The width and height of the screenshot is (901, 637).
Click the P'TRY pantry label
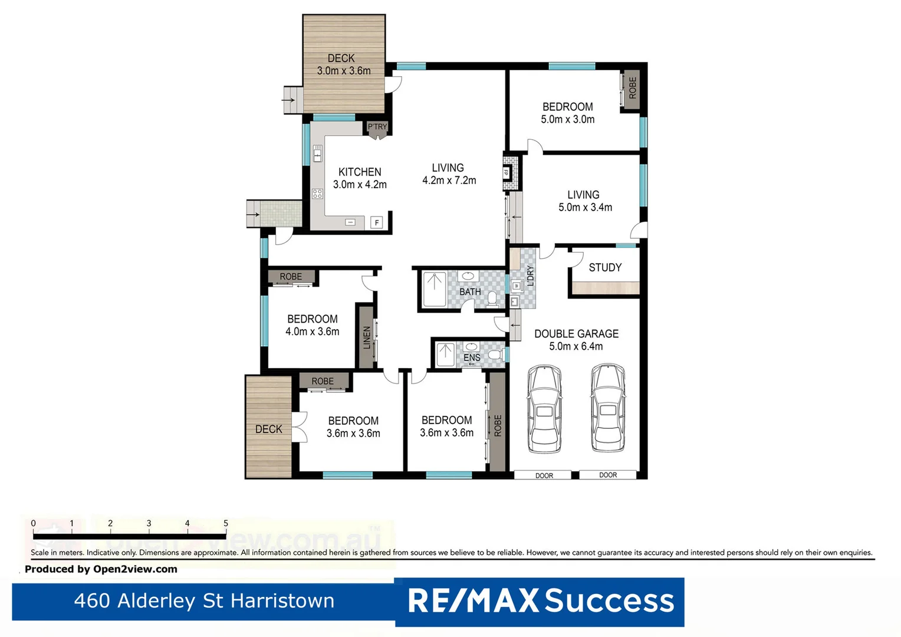coord(377,127)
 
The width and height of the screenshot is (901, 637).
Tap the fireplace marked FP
coord(507,173)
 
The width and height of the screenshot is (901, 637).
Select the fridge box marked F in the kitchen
coord(377,222)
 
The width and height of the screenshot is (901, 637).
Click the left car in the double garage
coord(544,409)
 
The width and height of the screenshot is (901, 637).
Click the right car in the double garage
coord(608,408)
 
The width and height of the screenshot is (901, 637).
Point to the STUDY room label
coord(605,267)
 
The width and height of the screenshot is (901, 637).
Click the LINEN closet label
coord(367,337)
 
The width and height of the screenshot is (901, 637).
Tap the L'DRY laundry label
coord(530,275)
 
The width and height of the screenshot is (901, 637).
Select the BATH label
coord(470,292)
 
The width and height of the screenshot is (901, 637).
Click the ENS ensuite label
coord(472,357)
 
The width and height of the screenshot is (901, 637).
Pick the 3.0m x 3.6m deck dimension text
coord(344,71)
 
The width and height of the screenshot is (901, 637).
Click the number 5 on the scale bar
coord(225,523)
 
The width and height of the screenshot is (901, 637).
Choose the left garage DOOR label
coord(544,475)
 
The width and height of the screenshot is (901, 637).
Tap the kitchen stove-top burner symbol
coord(317,193)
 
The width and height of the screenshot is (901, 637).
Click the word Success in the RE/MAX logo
coord(609,601)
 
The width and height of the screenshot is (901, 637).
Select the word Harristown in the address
coord(282,600)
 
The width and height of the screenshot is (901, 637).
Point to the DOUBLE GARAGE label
coord(576,334)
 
